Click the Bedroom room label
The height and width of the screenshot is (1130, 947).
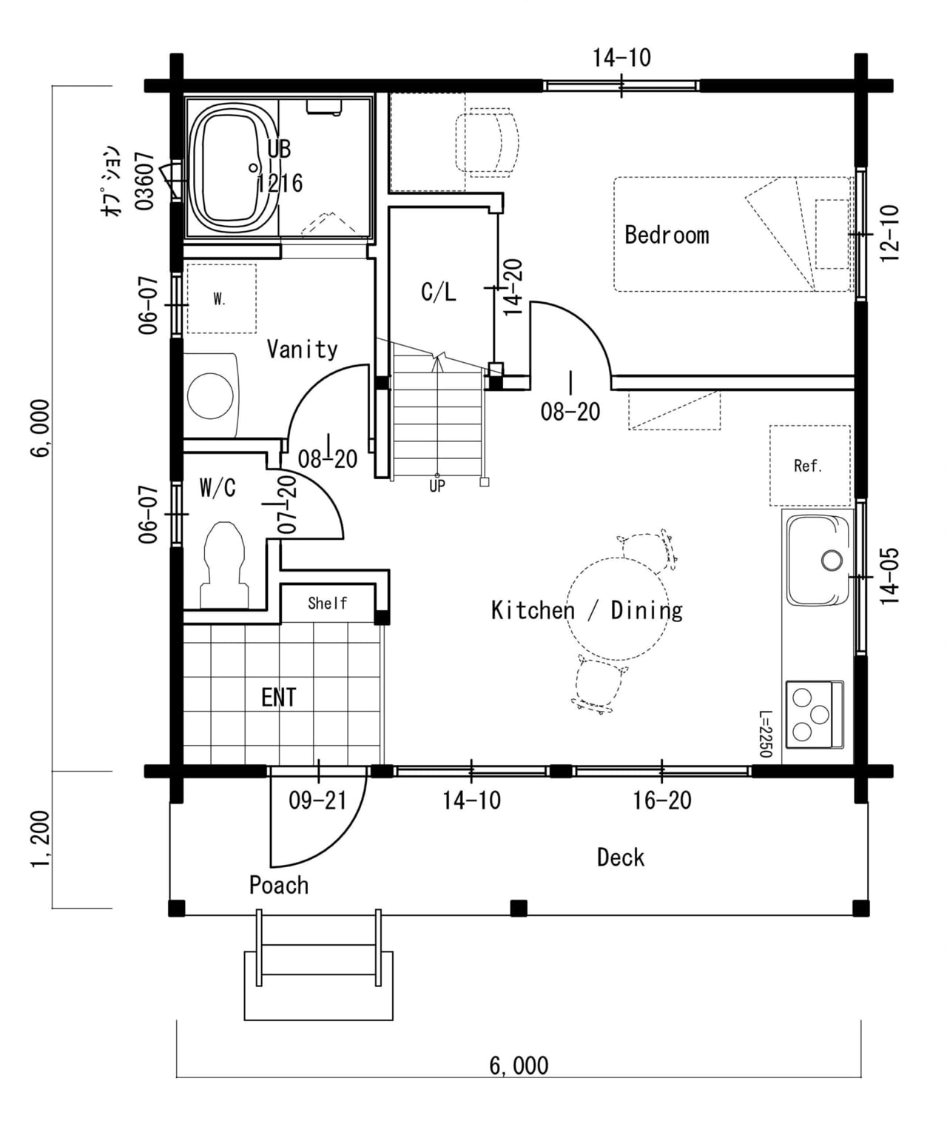667,235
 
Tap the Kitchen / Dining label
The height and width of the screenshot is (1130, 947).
587,610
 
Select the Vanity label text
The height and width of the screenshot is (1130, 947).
303,349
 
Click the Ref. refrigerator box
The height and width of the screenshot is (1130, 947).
809,466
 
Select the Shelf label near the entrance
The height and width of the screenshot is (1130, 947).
327,603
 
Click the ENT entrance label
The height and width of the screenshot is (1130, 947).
279,698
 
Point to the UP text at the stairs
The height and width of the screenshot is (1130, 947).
437,487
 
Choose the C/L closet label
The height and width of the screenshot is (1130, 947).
439,292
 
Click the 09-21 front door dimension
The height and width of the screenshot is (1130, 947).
317,800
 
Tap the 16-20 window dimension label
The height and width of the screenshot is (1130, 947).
662,800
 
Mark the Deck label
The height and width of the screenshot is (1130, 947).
621,857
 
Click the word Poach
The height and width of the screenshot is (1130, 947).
279,886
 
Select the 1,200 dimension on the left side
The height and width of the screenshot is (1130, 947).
41,839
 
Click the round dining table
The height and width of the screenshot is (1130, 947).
617,609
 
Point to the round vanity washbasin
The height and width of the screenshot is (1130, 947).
210,395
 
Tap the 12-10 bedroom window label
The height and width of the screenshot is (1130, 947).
890,233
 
